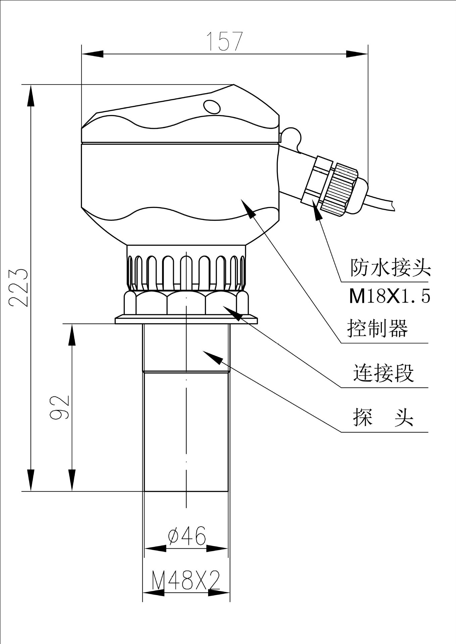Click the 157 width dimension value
tap(224, 42)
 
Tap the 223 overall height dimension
tap(17, 287)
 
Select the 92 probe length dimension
tap(59, 407)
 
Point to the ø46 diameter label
tap(187, 536)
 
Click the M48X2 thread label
tap(186, 580)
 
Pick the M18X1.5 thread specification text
tap(389, 297)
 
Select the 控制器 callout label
tap(377, 328)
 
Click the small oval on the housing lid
tap(212, 107)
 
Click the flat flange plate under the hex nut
tap(186, 320)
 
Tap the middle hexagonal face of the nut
tap(186, 303)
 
